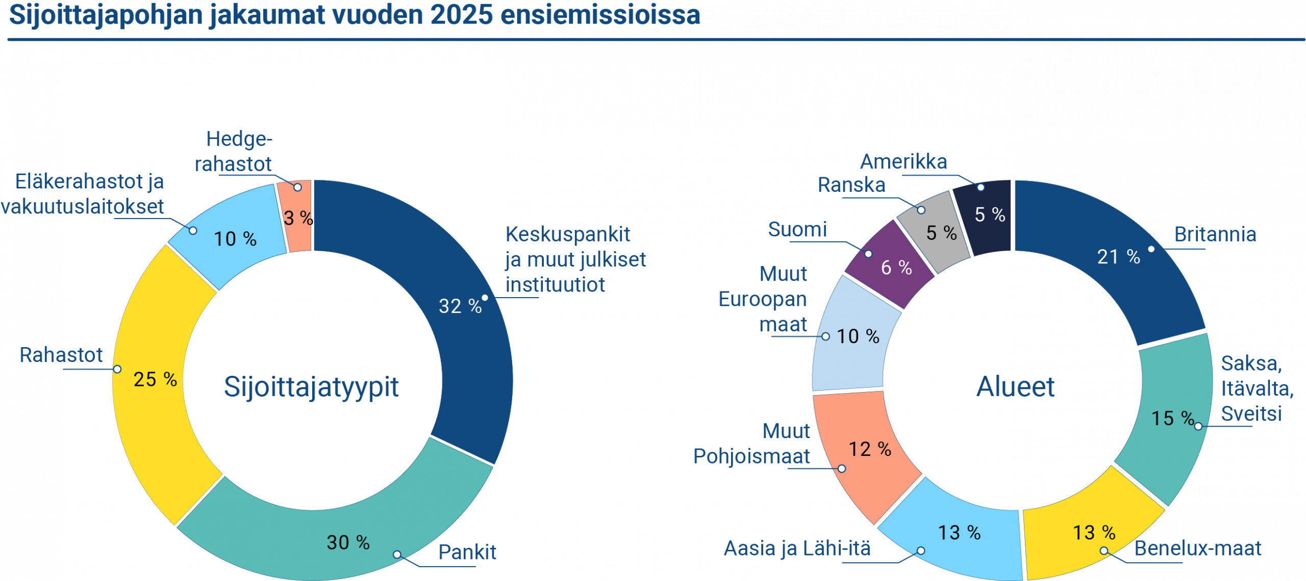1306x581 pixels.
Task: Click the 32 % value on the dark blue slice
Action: coord(460,306)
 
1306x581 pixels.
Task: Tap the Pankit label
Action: coord(467,552)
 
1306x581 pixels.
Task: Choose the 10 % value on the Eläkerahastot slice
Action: coord(235,239)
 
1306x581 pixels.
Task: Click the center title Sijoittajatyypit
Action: coord(311,386)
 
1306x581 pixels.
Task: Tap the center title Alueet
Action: coord(1015,386)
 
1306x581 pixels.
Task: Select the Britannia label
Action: coord(1215,234)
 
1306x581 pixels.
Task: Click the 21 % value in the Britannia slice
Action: coord(1118,257)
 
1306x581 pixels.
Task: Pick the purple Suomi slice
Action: coord(890,265)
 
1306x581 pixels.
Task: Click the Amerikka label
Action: coord(903,162)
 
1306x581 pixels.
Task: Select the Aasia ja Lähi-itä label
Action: coord(797,548)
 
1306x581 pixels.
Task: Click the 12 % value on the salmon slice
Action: coord(869,449)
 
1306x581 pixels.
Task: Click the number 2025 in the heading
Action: coord(461,15)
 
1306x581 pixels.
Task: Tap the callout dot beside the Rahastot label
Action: coord(117,369)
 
